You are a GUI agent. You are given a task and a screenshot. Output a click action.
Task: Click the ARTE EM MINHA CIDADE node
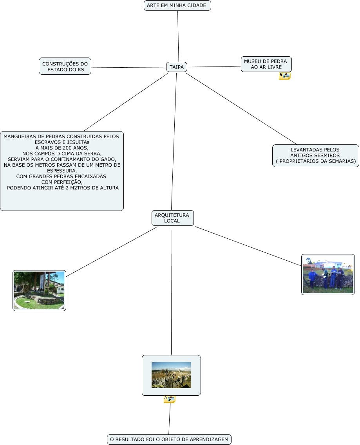click(x=177, y=5)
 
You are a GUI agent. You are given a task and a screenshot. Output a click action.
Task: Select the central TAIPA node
click(x=177, y=67)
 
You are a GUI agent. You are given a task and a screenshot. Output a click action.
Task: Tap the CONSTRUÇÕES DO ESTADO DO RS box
click(x=65, y=66)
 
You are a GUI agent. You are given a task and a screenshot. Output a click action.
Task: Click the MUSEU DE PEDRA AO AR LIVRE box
click(x=266, y=64)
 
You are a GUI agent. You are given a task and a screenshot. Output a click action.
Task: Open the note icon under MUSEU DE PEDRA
click(x=284, y=76)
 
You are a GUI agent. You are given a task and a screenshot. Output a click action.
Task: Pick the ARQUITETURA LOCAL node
click(x=172, y=218)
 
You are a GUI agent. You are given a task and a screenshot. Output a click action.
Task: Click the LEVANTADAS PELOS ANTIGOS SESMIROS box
click(x=315, y=155)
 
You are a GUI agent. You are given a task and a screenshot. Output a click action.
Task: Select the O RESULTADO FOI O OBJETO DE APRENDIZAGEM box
click(x=169, y=440)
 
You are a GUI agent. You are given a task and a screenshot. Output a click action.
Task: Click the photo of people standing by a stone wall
click(x=328, y=274)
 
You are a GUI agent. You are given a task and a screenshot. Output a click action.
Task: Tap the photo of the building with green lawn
click(x=39, y=290)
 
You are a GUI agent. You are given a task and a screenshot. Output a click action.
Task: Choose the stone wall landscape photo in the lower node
click(x=171, y=375)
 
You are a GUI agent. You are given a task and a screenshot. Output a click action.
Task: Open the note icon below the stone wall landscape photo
click(x=169, y=399)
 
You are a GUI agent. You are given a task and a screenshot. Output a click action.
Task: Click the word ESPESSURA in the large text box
click(x=62, y=171)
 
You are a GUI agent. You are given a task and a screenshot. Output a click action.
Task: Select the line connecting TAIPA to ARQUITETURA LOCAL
click(x=174, y=141)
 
